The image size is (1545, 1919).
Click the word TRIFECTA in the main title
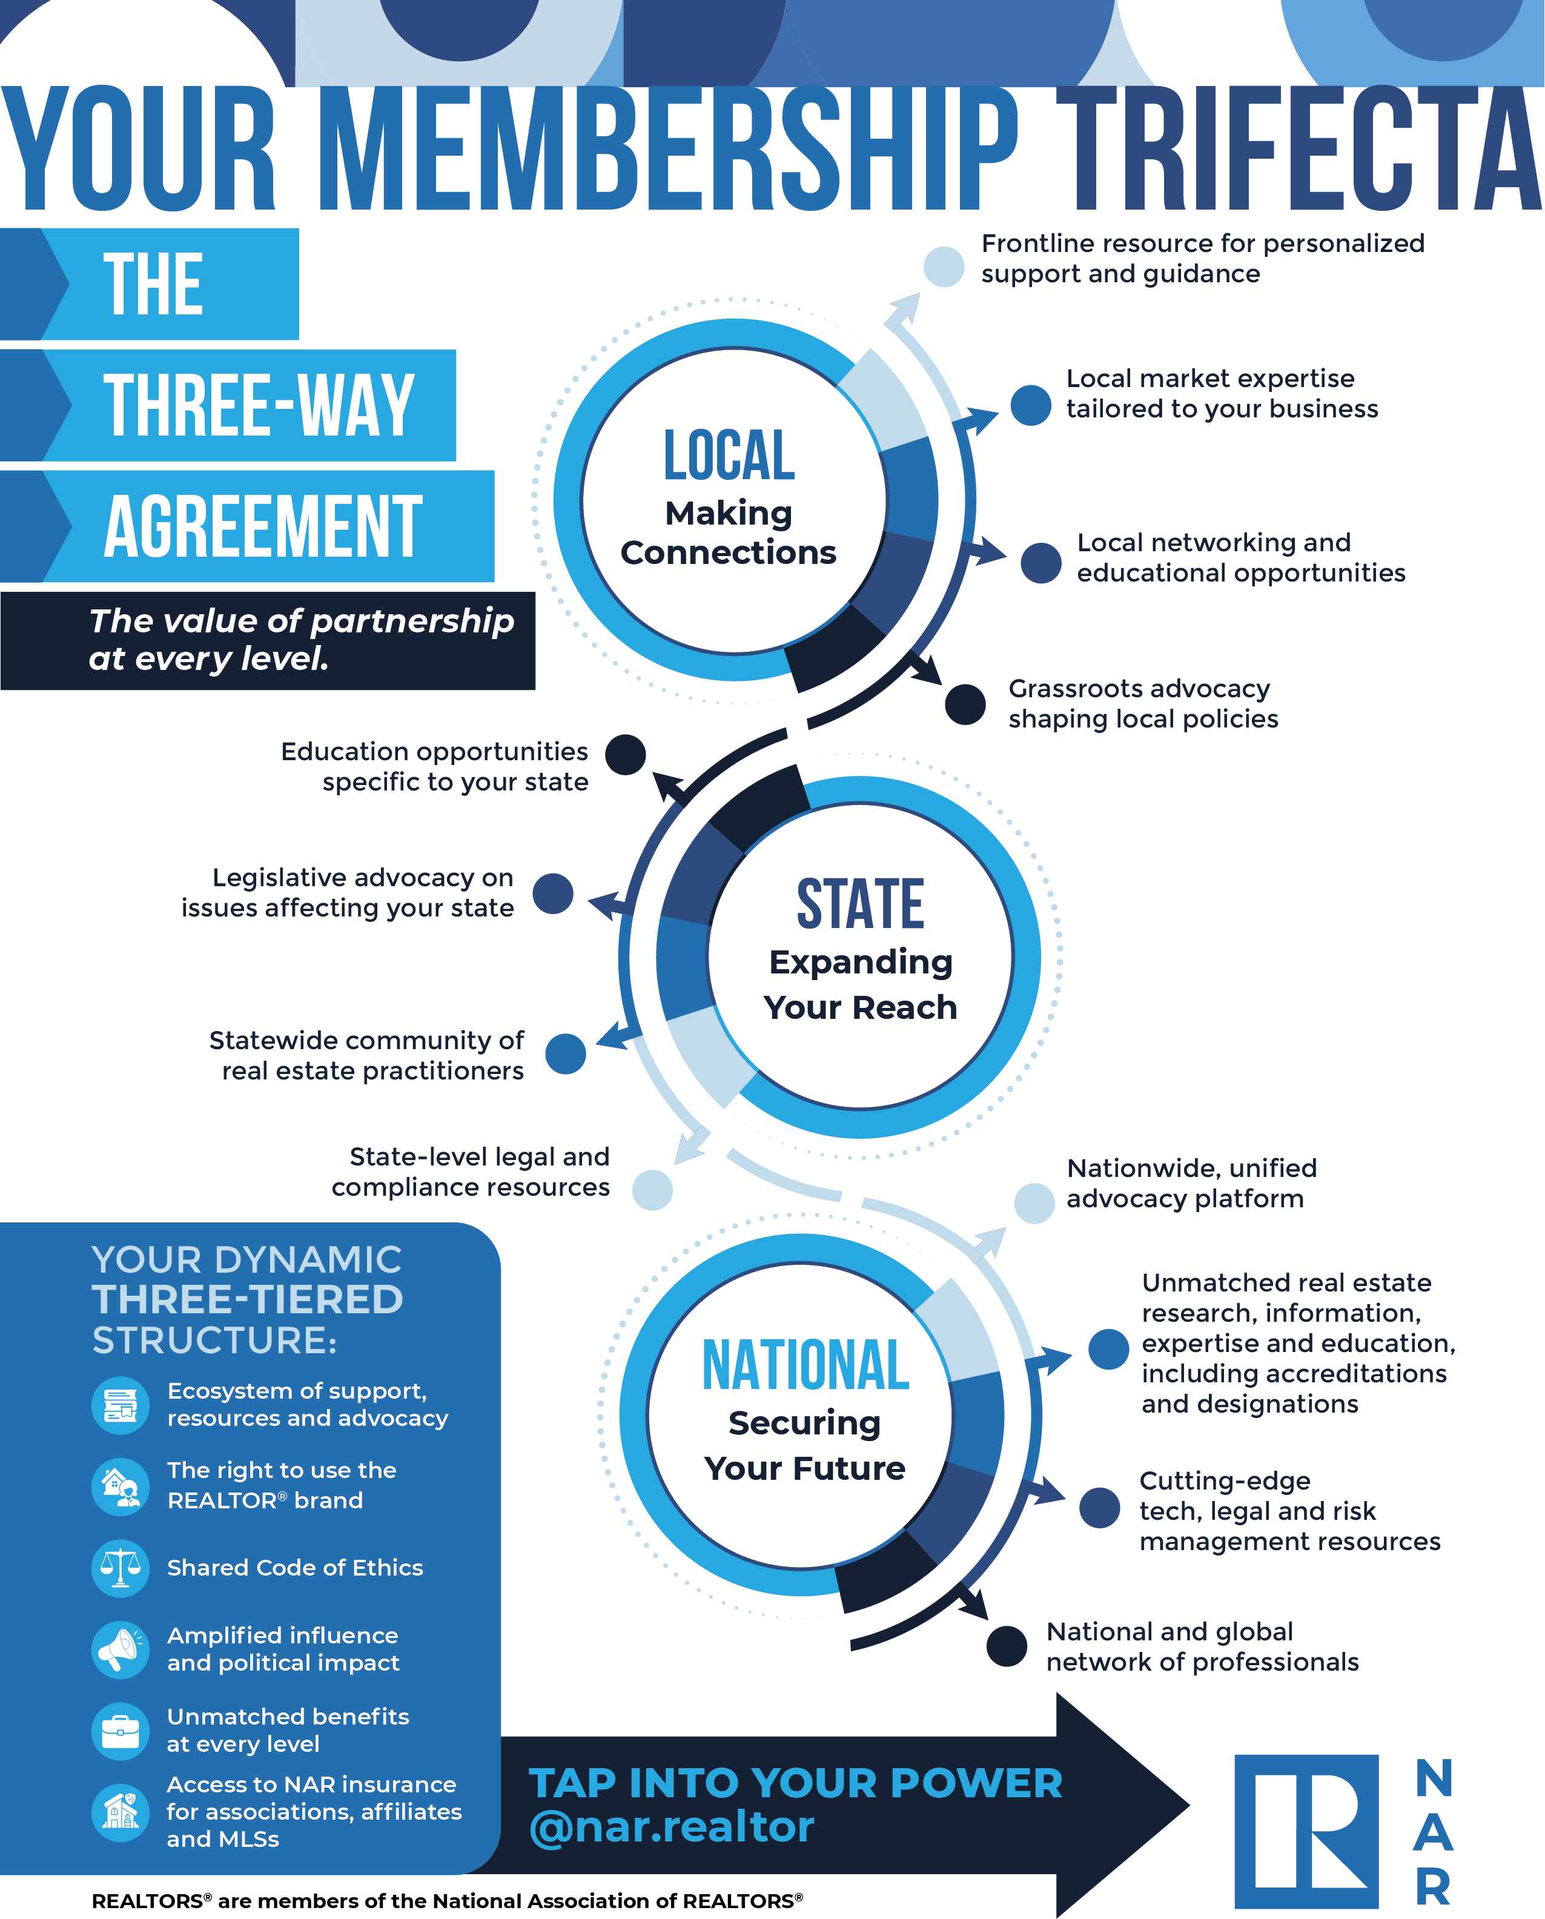click(1299, 148)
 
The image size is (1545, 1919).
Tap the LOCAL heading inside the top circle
click(729, 455)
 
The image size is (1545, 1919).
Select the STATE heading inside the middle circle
click(861, 903)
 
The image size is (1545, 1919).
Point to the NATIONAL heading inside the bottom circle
click(806, 1365)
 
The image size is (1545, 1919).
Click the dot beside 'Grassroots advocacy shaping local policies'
click(965, 704)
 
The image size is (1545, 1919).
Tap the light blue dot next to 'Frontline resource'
click(944, 266)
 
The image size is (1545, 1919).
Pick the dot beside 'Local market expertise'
click(1031, 405)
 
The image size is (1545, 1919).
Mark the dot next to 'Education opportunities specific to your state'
click(625, 755)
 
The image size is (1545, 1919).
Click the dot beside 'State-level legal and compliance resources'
click(652, 1190)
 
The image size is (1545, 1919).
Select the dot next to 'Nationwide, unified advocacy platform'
click(1034, 1204)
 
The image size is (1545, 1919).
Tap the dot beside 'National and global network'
click(1007, 1646)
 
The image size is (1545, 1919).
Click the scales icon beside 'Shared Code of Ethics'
click(120, 1568)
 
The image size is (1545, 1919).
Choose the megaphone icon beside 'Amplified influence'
click(120, 1649)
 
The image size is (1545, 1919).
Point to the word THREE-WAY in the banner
click(259, 405)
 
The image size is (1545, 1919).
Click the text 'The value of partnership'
click(302, 620)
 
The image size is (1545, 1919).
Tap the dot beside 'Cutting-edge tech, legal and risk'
click(1100, 1508)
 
